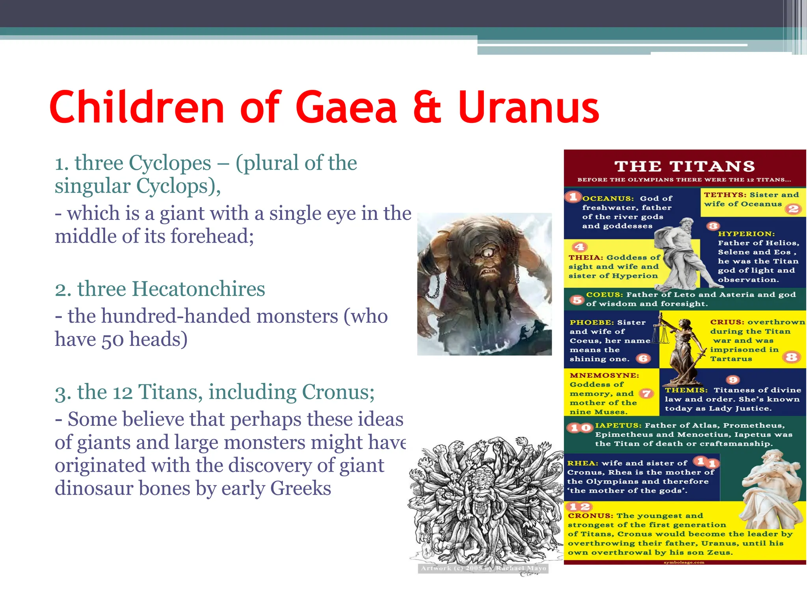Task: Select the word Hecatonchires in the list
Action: click(198, 289)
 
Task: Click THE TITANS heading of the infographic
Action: click(685, 166)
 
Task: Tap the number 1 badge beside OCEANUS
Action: click(573, 197)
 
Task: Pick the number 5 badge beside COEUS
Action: click(577, 300)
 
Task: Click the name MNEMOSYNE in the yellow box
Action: click(604, 375)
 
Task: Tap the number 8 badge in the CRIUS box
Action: click(791, 357)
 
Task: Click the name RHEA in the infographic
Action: click(582, 463)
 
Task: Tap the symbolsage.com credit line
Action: click(684, 562)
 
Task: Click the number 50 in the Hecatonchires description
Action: click(113, 340)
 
